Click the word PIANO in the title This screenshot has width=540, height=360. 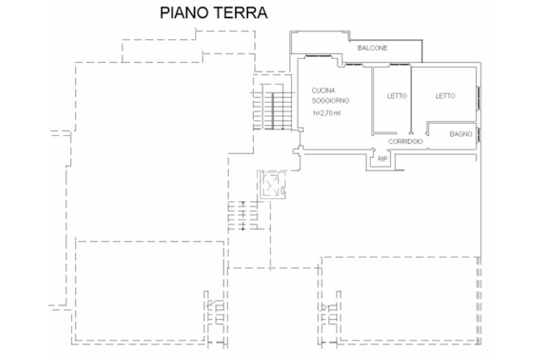184,13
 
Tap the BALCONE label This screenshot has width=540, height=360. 372,48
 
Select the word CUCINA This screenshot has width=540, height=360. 323,90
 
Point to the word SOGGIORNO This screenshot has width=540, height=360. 331,101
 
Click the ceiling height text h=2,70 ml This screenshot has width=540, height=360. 326,112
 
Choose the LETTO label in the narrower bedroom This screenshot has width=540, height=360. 397,96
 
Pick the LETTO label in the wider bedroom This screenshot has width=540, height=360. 445,96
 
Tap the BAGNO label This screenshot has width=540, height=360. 460,134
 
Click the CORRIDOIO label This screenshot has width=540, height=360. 406,142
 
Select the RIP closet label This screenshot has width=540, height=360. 382,158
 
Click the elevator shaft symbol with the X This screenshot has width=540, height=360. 272,184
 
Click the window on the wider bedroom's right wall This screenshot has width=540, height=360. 478,98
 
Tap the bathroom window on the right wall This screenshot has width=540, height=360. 478,134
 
